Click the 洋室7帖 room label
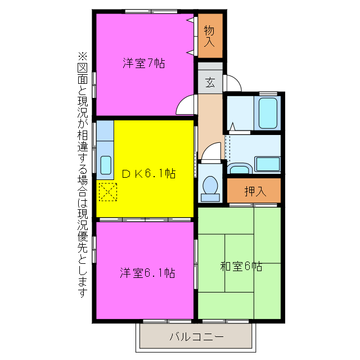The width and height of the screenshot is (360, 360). coord(144,64)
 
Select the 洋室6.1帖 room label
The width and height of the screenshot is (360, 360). coord(147,273)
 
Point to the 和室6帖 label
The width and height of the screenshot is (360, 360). coord(241,266)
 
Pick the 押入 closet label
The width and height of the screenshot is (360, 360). coord(255,191)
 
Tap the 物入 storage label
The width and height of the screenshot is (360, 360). coord(210,36)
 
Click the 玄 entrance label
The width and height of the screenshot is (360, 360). coord(210,83)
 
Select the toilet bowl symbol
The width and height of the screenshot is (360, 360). coord(211,185)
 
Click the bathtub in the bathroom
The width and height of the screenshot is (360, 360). coord(267,113)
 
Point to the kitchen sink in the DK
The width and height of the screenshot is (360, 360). coord(105,165)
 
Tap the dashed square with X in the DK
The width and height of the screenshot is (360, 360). coord(107,192)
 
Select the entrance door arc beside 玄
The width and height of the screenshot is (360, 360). coord(232,84)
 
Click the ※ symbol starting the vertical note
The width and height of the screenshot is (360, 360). coord(83,56)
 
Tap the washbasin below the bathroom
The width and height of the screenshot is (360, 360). coord(240,168)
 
